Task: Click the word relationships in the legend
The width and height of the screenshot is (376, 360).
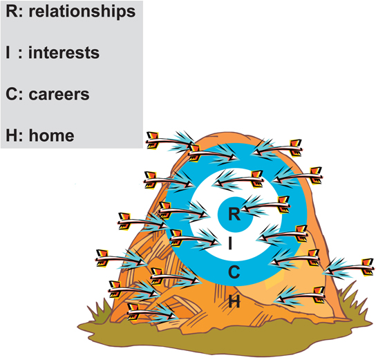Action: [x=82, y=12]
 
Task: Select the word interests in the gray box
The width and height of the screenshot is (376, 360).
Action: [x=64, y=53]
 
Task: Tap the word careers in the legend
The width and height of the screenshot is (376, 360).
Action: [x=59, y=95]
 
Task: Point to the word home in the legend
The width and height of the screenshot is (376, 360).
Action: [x=52, y=135]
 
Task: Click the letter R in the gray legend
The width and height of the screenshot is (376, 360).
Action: [x=11, y=12]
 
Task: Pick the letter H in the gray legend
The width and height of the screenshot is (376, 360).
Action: [x=11, y=135]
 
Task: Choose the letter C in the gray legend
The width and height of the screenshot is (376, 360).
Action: [x=11, y=95]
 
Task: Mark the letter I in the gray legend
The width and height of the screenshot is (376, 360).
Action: [x=8, y=53]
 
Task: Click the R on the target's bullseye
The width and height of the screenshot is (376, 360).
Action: [x=234, y=214]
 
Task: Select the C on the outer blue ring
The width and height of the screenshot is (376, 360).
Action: [x=234, y=272]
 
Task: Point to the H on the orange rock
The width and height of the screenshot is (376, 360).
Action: [x=234, y=301]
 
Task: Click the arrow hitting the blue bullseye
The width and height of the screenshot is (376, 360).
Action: [x=265, y=206]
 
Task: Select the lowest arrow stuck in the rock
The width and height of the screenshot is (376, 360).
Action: [x=151, y=312]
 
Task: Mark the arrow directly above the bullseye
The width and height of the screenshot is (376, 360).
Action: [x=238, y=181]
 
